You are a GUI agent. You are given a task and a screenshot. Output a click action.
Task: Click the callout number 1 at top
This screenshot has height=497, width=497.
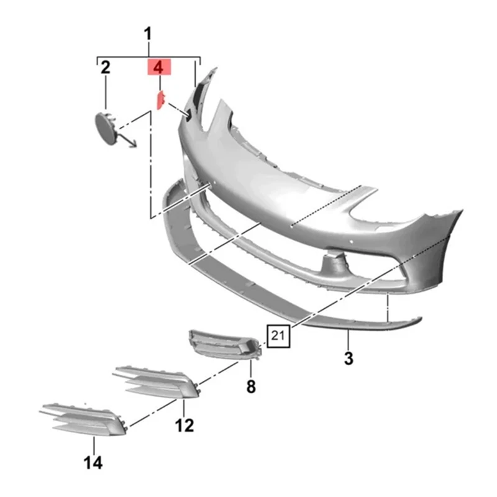[x=148, y=34]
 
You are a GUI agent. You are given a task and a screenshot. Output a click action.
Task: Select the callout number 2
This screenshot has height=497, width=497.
[x=105, y=67]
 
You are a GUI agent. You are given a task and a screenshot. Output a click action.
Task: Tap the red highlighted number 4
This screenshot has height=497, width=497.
[x=158, y=67]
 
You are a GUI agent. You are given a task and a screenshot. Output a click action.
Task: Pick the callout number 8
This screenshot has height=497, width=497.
[x=250, y=386]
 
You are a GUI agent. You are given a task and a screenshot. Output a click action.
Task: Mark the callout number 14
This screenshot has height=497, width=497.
[x=94, y=462]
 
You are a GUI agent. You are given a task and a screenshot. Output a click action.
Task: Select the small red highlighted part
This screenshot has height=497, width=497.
[x=159, y=99]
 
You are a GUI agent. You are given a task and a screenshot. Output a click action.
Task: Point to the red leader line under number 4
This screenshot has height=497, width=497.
[x=158, y=83]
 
